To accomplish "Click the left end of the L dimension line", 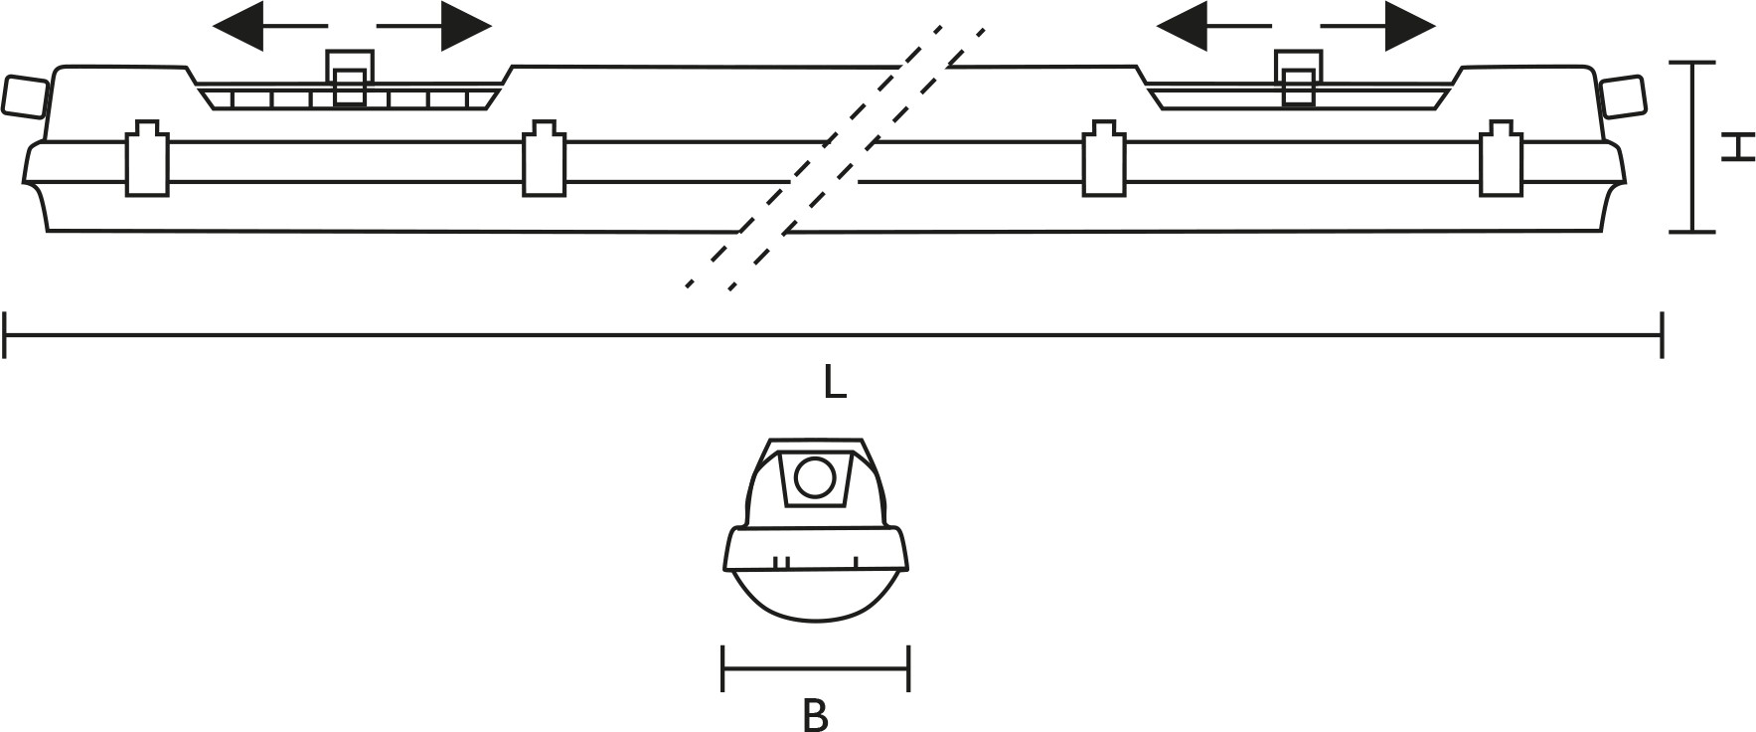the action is click(x=6, y=334).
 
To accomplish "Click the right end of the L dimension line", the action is click(x=1663, y=334).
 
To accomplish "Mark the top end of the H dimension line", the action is click(x=1692, y=63).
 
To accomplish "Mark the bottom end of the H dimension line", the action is click(x=1692, y=232).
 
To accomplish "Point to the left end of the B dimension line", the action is click(x=723, y=667).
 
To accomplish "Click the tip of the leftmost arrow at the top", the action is click(x=214, y=26).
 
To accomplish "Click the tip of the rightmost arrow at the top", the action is click(x=1435, y=26).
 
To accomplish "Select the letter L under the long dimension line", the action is click(x=835, y=383).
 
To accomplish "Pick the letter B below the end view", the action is click(x=815, y=715).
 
